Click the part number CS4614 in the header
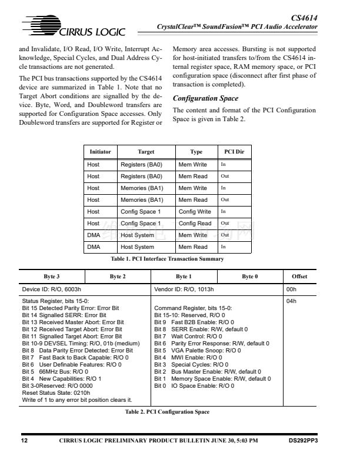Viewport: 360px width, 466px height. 304,19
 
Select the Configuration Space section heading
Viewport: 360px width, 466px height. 205,98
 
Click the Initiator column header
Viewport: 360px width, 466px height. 100,152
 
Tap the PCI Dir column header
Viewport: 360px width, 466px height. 234,152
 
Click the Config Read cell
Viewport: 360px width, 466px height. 195,224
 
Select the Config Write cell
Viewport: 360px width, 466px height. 195,212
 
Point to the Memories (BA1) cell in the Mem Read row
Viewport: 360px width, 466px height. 142,200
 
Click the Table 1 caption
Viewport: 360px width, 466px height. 168,259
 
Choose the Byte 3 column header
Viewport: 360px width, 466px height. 52,277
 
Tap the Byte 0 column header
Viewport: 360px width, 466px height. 249,277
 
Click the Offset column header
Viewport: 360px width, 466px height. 299,277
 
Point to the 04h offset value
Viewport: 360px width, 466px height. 291,301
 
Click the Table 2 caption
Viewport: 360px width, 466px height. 167,412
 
